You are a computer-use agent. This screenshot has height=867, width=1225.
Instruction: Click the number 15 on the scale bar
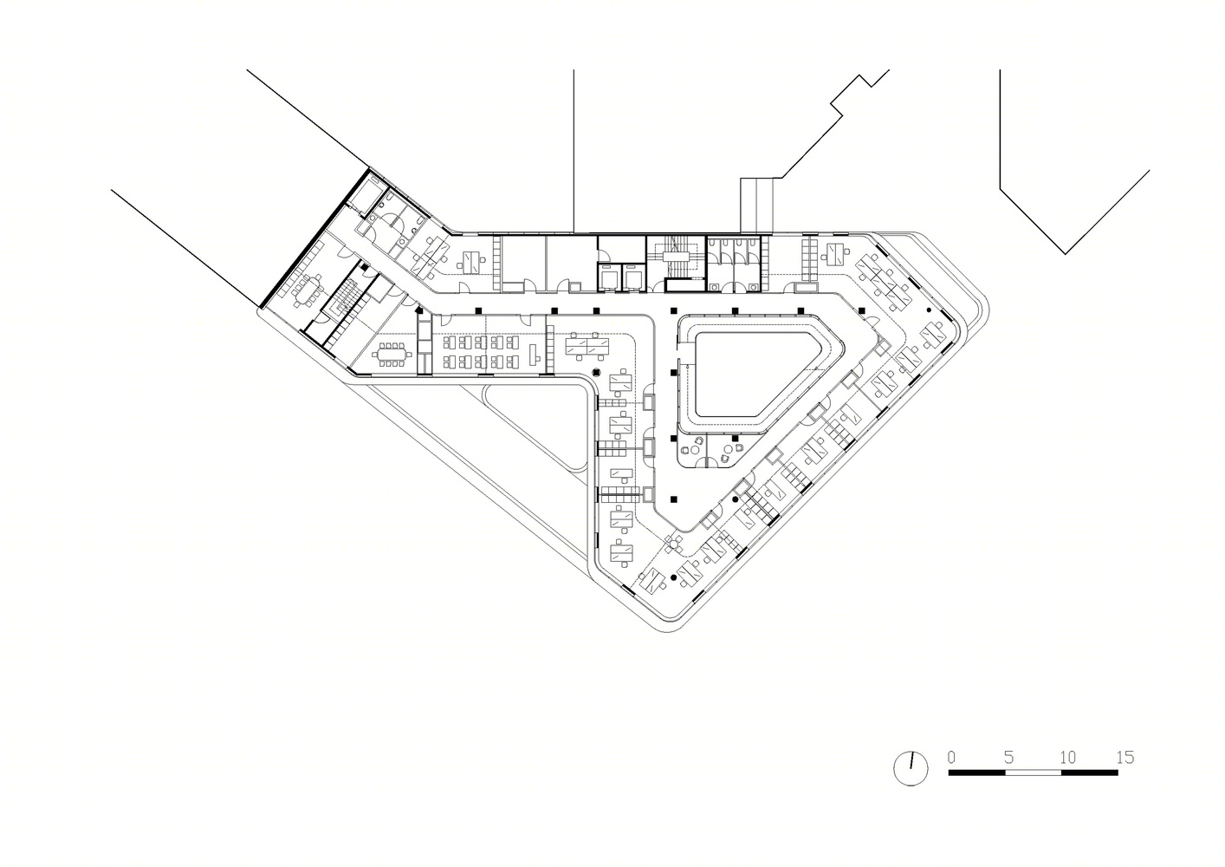point(1125,757)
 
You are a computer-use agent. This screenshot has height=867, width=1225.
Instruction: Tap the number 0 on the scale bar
point(951,757)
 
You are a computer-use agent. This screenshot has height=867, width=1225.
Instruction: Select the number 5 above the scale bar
point(1008,757)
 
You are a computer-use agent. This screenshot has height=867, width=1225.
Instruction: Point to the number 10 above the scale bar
point(1067,757)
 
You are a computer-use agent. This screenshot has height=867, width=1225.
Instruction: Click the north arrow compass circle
point(911,768)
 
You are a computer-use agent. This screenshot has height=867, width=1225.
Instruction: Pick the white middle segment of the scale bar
point(1033,772)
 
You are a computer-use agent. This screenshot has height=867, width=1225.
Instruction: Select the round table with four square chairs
point(675,543)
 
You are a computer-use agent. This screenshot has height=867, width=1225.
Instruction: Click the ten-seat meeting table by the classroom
point(389,355)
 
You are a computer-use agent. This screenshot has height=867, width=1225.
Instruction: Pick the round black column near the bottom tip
point(674,577)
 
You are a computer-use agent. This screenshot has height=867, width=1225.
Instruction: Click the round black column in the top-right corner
point(928,310)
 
